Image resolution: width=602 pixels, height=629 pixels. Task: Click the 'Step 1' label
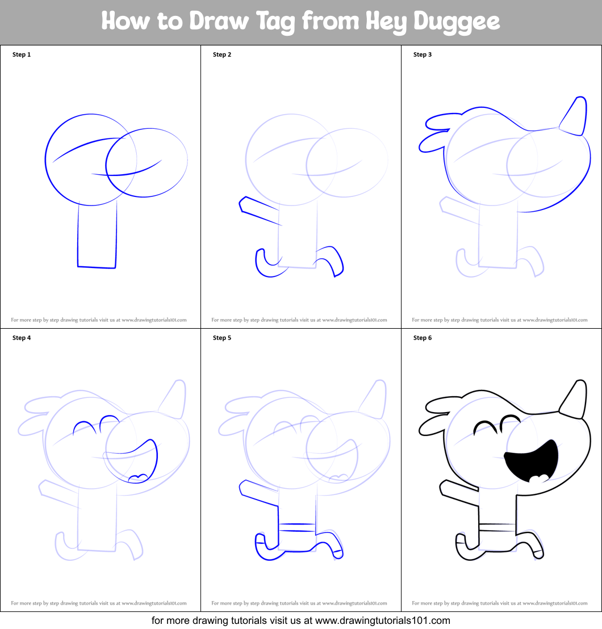[22, 54]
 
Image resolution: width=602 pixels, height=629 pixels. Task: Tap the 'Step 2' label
[222, 54]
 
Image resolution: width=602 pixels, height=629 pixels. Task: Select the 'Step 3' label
[423, 54]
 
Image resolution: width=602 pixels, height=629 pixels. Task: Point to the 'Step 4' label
[22, 338]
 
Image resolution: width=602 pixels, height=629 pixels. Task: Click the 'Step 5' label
[222, 338]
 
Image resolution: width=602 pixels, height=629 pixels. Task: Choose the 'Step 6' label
[423, 338]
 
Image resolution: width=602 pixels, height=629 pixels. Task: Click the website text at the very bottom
[300, 620]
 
